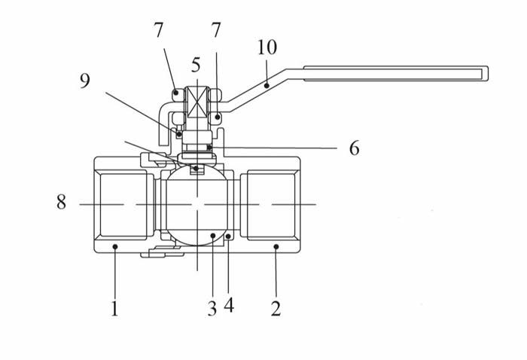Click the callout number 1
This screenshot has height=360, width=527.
[114, 309]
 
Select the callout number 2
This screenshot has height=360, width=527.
[276, 309]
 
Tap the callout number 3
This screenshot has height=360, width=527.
[212, 309]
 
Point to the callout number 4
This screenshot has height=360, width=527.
[229, 306]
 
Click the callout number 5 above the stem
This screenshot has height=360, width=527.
[196, 66]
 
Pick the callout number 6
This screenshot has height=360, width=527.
[354, 148]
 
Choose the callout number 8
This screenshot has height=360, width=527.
[61, 203]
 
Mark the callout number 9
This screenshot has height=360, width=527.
[85, 81]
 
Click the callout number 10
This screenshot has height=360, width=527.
[267, 47]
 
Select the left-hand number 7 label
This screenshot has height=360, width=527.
[158, 32]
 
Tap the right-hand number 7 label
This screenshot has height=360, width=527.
[216, 32]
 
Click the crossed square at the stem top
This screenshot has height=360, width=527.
[196, 101]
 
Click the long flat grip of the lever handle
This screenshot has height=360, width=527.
[395, 73]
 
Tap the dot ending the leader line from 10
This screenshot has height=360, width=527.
[267, 87]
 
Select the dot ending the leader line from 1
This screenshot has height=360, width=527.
[114, 246]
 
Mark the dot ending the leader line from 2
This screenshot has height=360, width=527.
[276, 246]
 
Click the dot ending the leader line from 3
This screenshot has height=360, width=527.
[214, 236]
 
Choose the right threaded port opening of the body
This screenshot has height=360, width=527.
[272, 204]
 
